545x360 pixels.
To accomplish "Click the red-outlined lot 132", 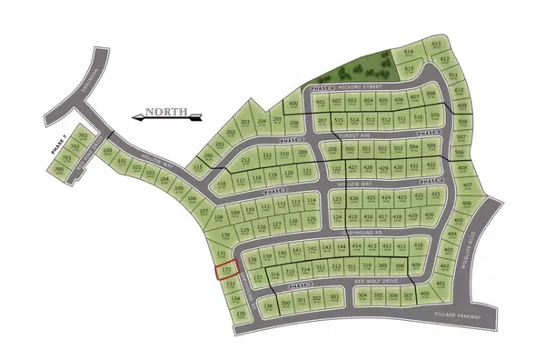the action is coord(225,270).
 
